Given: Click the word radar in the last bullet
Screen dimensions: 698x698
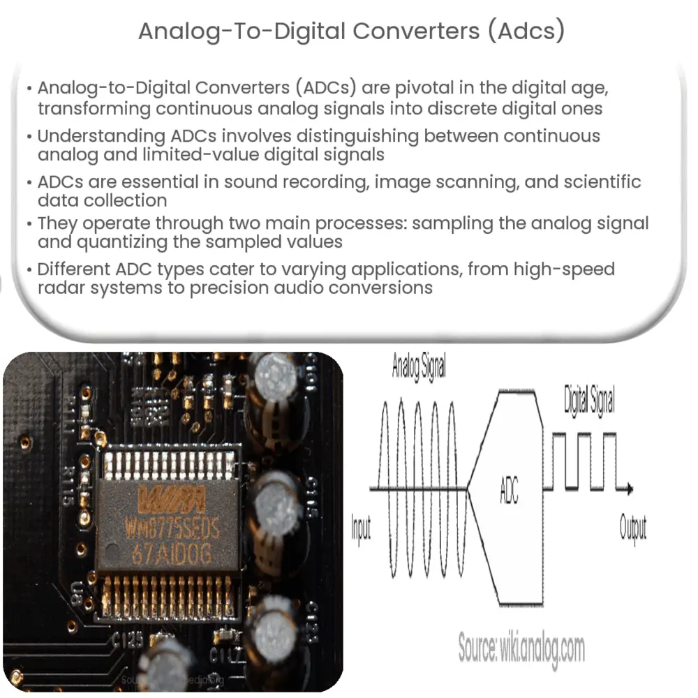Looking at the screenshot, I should tap(63, 288).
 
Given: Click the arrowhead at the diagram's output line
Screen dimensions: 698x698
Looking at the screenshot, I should tap(630, 489).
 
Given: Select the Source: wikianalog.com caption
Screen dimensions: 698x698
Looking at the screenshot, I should tap(521, 648).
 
